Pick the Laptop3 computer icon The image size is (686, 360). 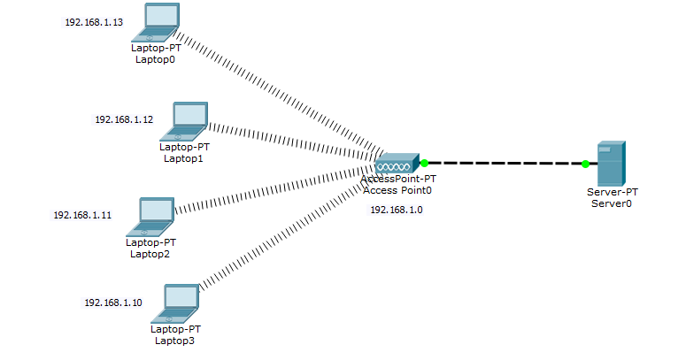click(x=176, y=303)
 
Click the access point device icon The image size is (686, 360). click(x=393, y=164)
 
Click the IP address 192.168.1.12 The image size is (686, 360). click(x=124, y=119)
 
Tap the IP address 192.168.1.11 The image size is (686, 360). click(x=82, y=215)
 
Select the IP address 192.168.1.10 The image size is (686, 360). click(x=112, y=303)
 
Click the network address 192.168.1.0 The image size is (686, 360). click(x=396, y=210)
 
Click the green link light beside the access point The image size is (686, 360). click(x=424, y=163)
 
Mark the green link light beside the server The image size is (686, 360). click(x=585, y=164)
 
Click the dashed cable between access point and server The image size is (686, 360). click(x=505, y=164)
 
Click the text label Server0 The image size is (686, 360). click(x=611, y=203)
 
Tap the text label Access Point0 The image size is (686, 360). click(x=397, y=189)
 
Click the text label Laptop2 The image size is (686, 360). click(x=150, y=254)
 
